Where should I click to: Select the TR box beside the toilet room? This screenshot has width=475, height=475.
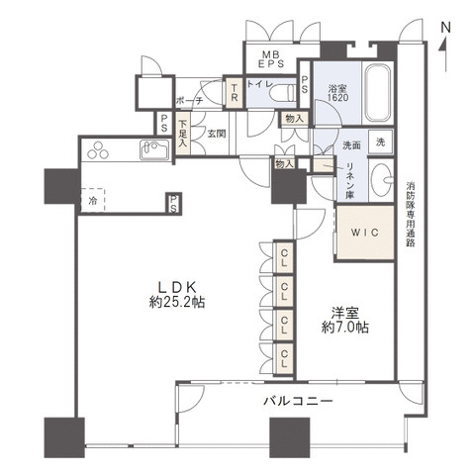(234, 93)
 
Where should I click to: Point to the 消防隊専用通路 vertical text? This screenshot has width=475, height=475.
(410, 213)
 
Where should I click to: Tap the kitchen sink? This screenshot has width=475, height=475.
(156, 152)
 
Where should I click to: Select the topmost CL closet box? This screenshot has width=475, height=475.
(283, 260)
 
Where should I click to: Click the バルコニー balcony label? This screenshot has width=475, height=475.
(298, 400)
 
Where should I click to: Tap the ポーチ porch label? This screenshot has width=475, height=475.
(190, 101)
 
